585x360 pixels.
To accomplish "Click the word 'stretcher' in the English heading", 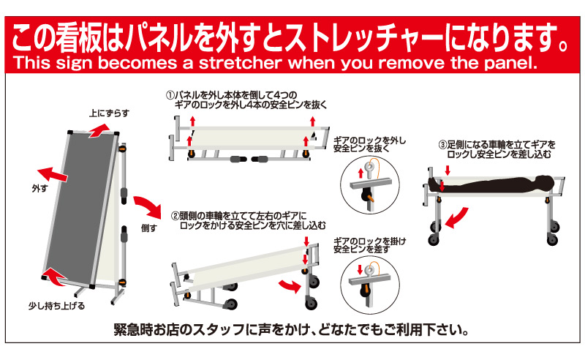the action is click(x=240, y=63).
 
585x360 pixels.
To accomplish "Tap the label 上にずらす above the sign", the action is click(x=109, y=113).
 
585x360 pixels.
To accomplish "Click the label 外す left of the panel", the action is click(x=40, y=189).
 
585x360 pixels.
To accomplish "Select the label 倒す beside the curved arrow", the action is click(x=149, y=228).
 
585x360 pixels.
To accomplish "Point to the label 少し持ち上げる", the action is click(x=57, y=307).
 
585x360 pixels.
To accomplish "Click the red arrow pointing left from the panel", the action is click(x=52, y=173).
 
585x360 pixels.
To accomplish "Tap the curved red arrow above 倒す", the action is click(x=148, y=206).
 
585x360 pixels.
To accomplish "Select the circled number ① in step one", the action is click(x=170, y=96).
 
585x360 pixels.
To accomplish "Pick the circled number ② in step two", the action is click(x=175, y=217).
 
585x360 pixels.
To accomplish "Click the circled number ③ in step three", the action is click(x=443, y=145).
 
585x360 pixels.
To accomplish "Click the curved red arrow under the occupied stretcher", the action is click(x=456, y=219).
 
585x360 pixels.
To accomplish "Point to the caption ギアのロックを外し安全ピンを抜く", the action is click(x=369, y=145).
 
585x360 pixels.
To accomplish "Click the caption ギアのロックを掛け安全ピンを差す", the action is click(x=369, y=245).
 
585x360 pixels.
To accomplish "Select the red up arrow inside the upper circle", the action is click(x=361, y=173).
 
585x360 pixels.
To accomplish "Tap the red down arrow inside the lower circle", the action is click(x=360, y=269).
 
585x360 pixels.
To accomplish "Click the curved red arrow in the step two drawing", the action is click(x=290, y=285).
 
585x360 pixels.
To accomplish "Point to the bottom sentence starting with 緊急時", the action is click(x=292, y=330).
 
